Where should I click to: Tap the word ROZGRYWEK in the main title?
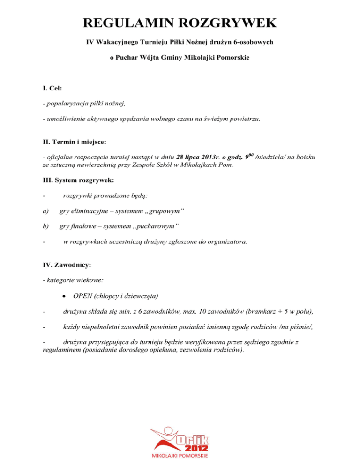point(229,23)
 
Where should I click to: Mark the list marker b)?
point(45,226)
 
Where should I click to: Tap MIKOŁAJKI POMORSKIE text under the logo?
point(180,456)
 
